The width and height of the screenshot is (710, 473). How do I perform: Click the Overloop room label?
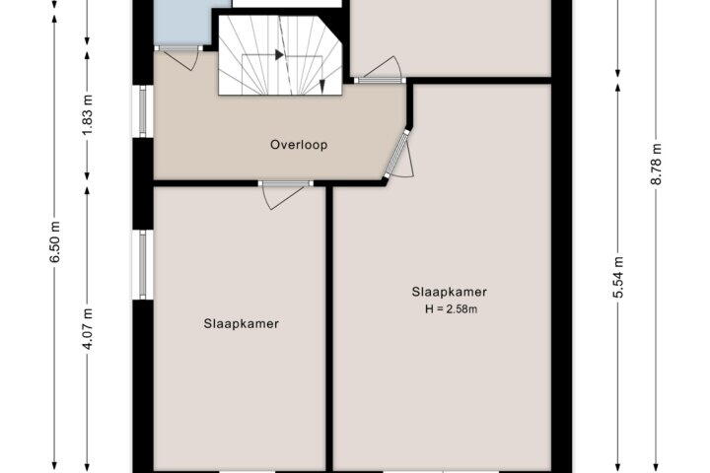pyautogui.click(x=299, y=145)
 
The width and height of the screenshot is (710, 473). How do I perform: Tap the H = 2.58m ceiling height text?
pyautogui.click(x=451, y=309)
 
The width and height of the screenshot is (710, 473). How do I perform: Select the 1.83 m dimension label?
pyautogui.click(x=88, y=114)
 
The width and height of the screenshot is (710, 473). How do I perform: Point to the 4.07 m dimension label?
pyautogui.click(x=88, y=329)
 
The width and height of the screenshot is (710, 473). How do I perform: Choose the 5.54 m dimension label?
pyautogui.click(x=618, y=277)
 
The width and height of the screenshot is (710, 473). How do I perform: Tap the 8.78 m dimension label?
pyautogui.click(x=656, y=164)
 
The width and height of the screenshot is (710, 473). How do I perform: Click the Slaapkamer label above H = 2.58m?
pyautogui.click(x=450, y=292)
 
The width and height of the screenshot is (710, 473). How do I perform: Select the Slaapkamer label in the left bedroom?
pyautogui.click(x=241, y=324)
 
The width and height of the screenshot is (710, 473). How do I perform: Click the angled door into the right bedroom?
pyautogui.click(x=398, y=155)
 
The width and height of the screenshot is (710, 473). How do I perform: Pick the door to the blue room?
pyautogui.click(x=179, y=55)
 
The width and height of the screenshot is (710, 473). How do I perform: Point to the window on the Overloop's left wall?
pyautogui.click(x=143, y=111)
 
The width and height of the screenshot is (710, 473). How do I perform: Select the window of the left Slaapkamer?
pyautogui.click(x=143, y=265)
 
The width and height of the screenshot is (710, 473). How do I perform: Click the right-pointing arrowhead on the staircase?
pyautogui.click(x=280, y=55)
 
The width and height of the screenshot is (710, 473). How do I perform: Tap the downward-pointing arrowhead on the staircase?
pyautogui.click(x=322, y=86)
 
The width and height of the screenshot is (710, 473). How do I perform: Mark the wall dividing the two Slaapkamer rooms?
pyautogui.click(x=329, y=327)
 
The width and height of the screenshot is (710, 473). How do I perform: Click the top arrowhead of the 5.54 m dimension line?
pyautogui.click(x=618, y=89)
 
